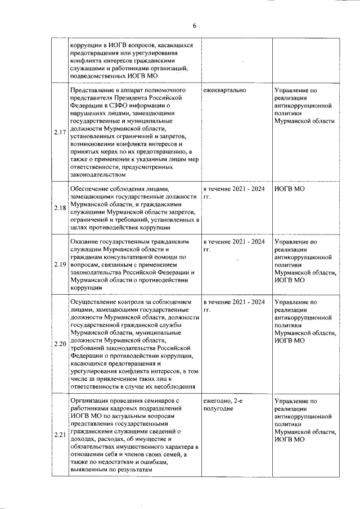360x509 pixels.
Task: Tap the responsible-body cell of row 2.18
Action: [289, 189]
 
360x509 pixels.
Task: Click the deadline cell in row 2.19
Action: [234, 246]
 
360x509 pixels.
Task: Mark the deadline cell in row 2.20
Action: [234, 305]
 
